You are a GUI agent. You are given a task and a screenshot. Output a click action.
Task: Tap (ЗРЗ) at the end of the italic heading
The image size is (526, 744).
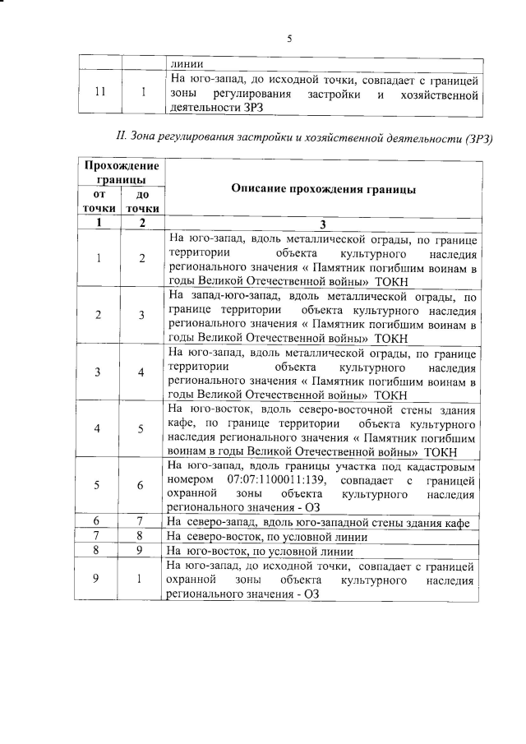pos(478,137)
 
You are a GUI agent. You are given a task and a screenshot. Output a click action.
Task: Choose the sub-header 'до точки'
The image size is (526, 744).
pos(141,201)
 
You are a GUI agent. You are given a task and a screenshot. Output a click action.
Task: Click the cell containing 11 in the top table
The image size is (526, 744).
pos(99,92)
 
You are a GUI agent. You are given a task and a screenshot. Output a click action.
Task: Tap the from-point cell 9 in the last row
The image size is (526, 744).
pos(97,579)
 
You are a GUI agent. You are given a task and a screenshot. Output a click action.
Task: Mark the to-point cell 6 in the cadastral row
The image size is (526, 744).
pos(141,485)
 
